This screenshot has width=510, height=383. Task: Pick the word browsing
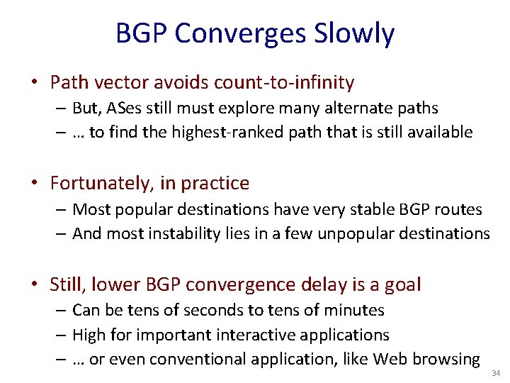[446, 359]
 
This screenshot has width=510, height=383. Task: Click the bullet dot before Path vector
[35, 83]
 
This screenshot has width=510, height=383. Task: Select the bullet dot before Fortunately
[35, 183]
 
